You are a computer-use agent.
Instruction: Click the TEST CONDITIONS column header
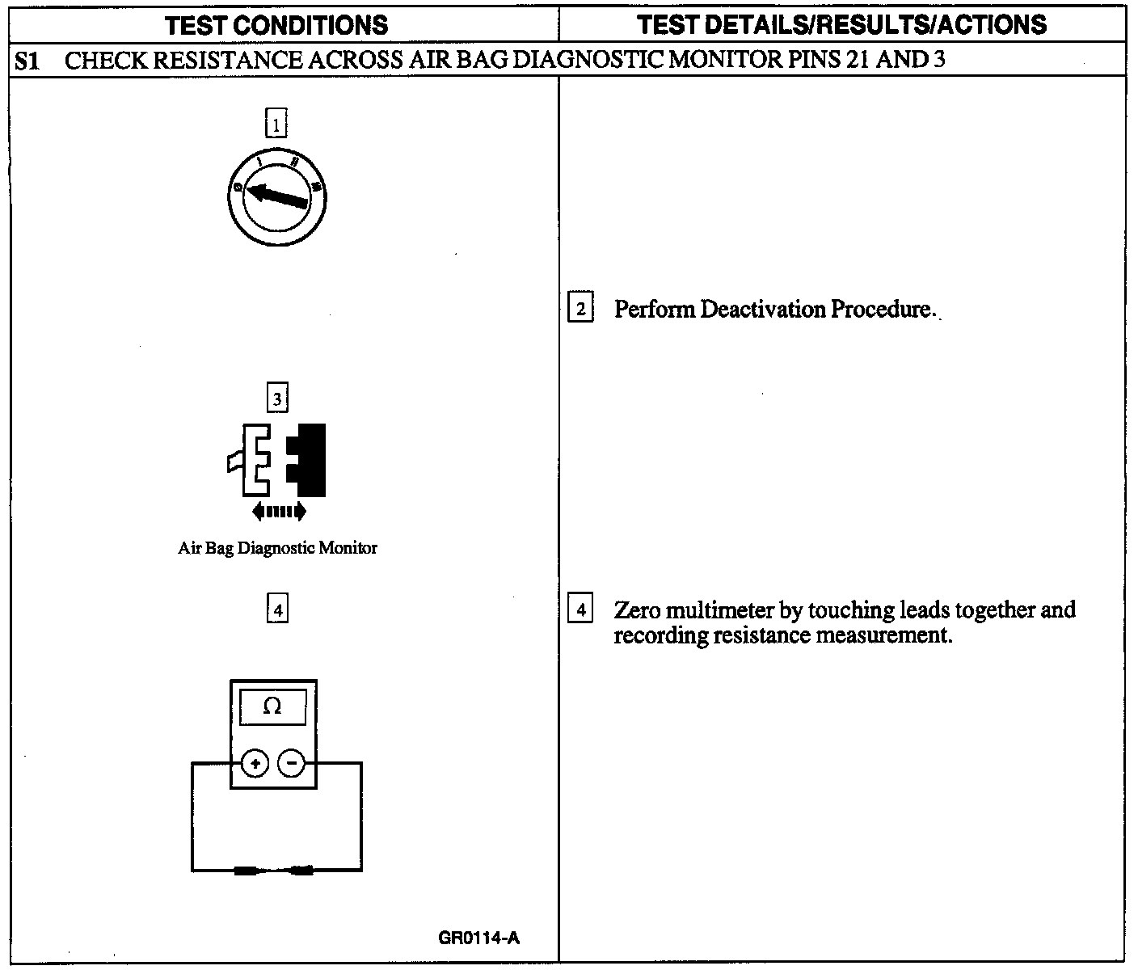276,24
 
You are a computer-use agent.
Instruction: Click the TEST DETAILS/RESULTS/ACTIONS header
841,24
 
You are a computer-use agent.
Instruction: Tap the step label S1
27,61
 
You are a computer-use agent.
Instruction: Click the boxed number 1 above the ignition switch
276,124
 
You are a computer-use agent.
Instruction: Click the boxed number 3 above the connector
277,399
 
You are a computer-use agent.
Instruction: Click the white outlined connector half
254,459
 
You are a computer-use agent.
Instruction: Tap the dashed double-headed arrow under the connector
279,511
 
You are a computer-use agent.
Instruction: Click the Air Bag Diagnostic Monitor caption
277,548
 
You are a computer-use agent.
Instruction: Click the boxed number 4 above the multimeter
277,609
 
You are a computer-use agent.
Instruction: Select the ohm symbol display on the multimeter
273,706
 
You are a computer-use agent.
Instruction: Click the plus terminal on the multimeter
255,762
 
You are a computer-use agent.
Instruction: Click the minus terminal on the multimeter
292,762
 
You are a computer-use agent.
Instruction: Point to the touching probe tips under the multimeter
274,871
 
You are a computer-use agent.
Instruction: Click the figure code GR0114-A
478,938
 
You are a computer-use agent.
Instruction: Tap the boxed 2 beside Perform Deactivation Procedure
580,309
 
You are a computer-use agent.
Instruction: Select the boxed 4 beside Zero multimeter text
580,609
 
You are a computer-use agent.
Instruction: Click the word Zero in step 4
636,609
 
